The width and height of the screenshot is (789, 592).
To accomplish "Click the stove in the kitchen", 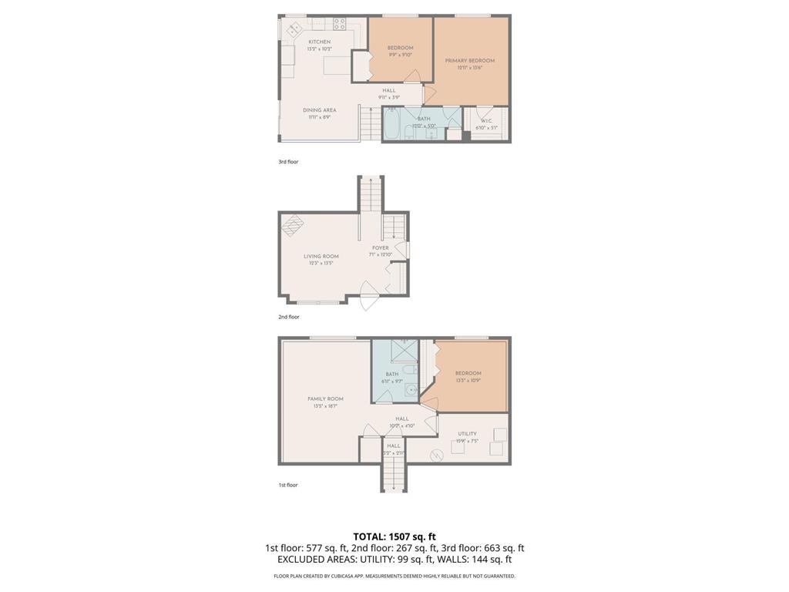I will pos(340,24).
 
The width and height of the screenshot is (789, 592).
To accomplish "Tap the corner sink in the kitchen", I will pos(294,29).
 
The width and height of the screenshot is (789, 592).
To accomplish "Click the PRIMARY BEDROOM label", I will pos(469,60).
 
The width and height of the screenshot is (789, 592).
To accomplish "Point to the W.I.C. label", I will pos(486,120).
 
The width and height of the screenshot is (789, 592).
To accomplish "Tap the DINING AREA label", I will pos(319,110).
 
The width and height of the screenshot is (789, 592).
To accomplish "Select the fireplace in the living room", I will pos(292,225).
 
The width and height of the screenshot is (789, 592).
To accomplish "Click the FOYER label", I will pos(381,248).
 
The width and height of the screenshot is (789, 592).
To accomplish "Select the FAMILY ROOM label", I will pos(325,399).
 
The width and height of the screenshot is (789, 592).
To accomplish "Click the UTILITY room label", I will pos(467,434).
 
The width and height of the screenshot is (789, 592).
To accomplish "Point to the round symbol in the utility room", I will pos(437,455).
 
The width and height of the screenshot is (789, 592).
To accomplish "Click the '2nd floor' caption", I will pos(288,317).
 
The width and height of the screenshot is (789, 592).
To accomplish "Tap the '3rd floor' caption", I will pos(288,162).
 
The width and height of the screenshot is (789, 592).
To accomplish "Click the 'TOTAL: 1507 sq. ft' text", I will pos(394,536).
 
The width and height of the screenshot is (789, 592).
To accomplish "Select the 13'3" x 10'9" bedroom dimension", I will pos(468,380).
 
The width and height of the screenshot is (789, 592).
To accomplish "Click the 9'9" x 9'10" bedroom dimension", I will pos(400,55).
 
